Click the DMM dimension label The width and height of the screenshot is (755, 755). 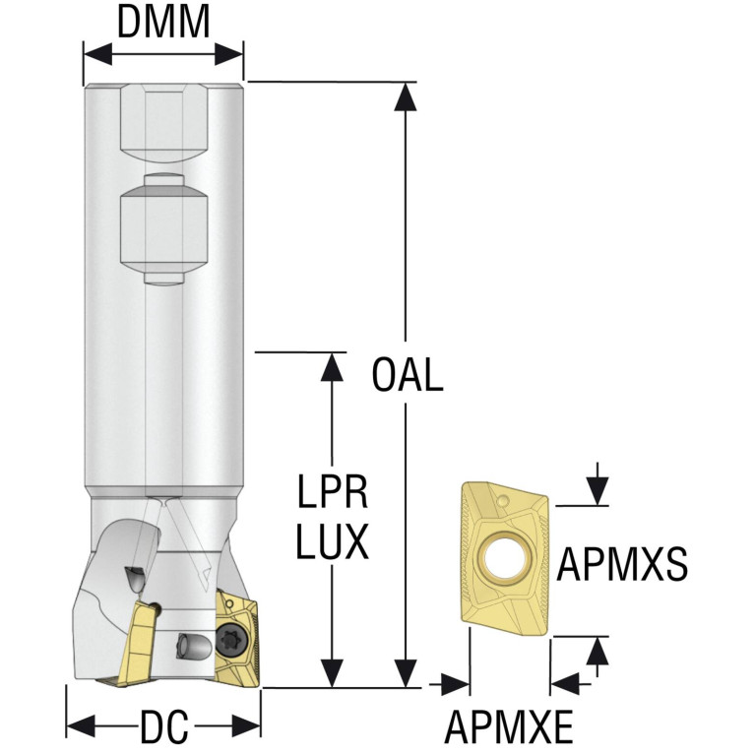click(x=163, y=23)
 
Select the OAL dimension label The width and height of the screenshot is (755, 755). click(x=408, y=374)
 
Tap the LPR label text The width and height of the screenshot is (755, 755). click(x=333, y=491)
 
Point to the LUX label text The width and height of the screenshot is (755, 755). click(x=333, y=541)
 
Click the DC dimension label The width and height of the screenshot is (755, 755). click(x=163, y=726)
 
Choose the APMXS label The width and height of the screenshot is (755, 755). click(x=622, y=564)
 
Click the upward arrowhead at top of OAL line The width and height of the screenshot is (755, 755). click(x=406, y=96)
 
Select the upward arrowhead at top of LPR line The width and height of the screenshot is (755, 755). click(x=332, y=367)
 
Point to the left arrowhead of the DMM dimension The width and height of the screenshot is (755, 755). click(x=97, y=53)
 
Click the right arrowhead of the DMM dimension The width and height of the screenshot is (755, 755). click(x=228, y=53)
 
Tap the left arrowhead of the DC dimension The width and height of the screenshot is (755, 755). click(x=81, y=726)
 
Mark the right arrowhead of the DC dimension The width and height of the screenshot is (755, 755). click(x=246, y=726)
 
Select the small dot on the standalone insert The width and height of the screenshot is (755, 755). click(x=504, y=501)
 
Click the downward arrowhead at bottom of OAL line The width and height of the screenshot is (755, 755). click(x=406, y=672)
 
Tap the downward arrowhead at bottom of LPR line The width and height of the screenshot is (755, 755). click(x=332, y=672)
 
